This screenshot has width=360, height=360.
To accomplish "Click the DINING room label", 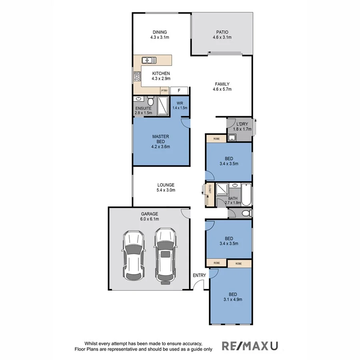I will [159, 32].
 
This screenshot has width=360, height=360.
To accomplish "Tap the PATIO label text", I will [222, 32].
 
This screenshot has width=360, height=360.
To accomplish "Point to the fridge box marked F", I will [179, 91].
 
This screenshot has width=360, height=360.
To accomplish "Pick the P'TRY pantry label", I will [164, 91].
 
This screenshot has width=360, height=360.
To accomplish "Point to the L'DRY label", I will [242, 124].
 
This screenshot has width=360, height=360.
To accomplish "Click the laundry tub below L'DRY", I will [232, 138].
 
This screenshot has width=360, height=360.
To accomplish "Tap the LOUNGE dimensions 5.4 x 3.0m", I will [166, 190].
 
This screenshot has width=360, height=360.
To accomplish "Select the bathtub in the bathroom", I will [246, 195].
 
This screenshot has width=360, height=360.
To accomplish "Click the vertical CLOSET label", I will [209, 190].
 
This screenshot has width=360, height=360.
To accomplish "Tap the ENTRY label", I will [199, 275].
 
